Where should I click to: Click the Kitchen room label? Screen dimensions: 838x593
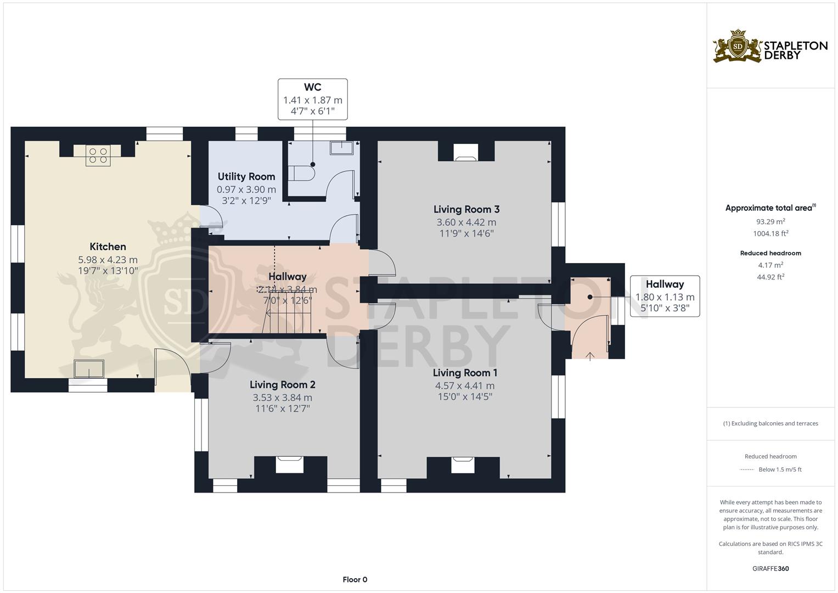[x=108, y=247]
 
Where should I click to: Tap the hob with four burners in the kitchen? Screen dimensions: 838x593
[x=98, y=156]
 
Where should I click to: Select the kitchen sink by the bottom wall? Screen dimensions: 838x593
[x=89, y=369]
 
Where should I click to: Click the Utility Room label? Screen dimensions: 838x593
[x=246, y=177]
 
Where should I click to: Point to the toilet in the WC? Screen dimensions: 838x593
[x=301, y=174]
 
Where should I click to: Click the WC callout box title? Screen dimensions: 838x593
[x=312, y=87]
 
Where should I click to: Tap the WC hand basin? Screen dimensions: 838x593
[x=341, y=148]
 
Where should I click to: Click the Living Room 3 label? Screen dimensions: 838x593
[x=466, y=209]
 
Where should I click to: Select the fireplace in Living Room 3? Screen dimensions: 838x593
[x=466, y=153]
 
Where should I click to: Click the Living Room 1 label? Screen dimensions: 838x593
[x=465, y=373]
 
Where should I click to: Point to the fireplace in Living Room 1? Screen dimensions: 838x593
[x=463, y=465]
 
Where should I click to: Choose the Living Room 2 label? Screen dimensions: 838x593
[x=283, y=385]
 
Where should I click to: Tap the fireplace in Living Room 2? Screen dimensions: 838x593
[x=289, y=465]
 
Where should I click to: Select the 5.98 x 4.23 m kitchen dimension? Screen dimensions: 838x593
[x=108, y=260]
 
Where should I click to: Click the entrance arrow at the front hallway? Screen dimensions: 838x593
[x=590, y=356]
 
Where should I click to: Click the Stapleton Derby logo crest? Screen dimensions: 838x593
[x=738, y=46]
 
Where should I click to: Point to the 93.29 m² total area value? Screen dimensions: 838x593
[x=770, y=222]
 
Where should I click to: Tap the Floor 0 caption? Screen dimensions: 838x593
[x=355, y=579]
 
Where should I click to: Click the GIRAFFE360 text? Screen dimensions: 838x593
[x=770, y=569]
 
